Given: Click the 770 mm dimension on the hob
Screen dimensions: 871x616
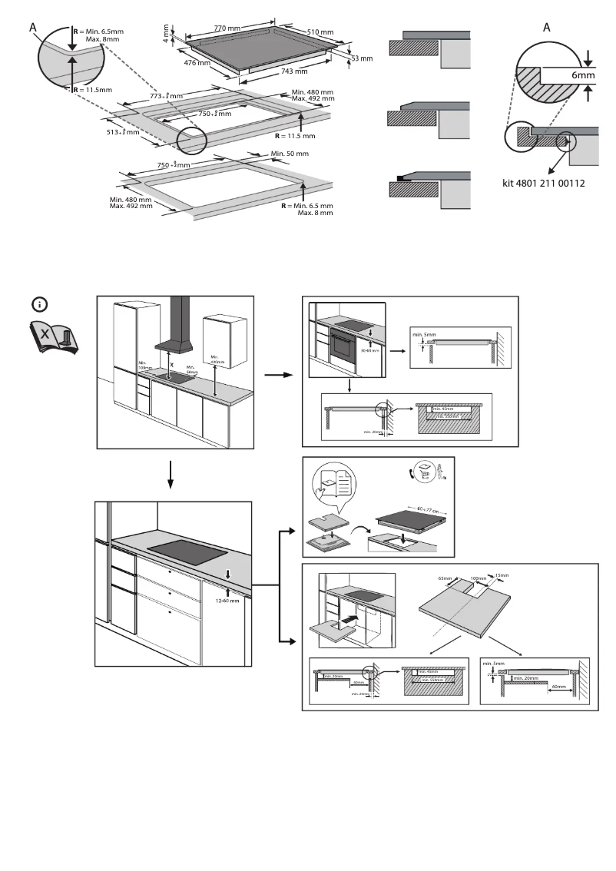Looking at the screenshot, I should coord(227,28).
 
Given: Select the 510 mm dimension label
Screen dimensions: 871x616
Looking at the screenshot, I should coord(321,32).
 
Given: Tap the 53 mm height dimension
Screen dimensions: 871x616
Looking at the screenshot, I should coord(361,58).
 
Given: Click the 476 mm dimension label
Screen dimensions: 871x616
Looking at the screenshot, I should coord(197,63).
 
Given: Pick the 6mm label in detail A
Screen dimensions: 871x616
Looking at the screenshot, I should coord(583,76).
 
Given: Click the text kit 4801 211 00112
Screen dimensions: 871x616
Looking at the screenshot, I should coord(543,184).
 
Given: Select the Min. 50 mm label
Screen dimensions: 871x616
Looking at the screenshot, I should coord(290,154).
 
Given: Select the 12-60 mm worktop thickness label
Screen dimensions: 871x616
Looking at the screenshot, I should coord(228,601).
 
